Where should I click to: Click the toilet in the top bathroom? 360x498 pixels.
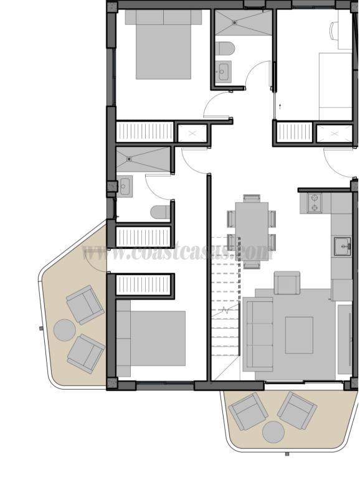click(225, 48)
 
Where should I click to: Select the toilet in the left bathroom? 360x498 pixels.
click(161, 212)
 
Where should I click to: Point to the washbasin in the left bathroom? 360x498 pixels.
click(125, 186)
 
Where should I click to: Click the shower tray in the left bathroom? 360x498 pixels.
click(143, 160)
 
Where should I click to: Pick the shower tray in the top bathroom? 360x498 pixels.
click(243, 23)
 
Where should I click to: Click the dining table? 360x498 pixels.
click(252, 230)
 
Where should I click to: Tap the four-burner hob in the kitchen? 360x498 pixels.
click(315, 202)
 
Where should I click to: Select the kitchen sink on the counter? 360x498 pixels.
click(342, 247)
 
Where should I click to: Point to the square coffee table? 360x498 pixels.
click(299, 335)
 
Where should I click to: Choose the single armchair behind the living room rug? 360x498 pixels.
click(287, 283)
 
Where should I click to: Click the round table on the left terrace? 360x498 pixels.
click(64, 329)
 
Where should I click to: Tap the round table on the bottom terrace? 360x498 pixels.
click(273, 431)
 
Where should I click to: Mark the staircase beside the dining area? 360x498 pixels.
click(225, 305)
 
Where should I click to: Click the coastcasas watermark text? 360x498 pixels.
click(178, 253)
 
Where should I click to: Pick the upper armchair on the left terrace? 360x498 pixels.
click(85, 304)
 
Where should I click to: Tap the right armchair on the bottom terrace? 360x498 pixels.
click(297, 410)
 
